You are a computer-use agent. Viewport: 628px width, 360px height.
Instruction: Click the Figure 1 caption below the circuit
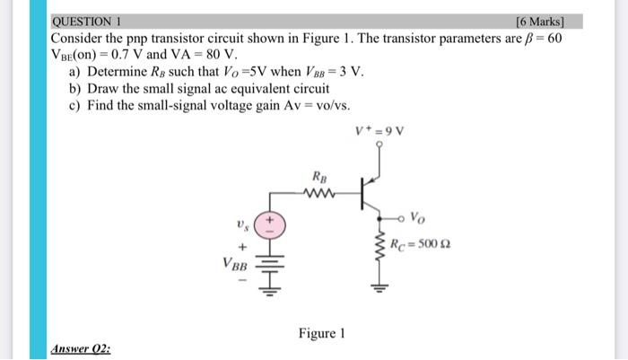[x=320, y=334]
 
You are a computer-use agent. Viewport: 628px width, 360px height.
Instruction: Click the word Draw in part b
[x=106, y=88]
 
